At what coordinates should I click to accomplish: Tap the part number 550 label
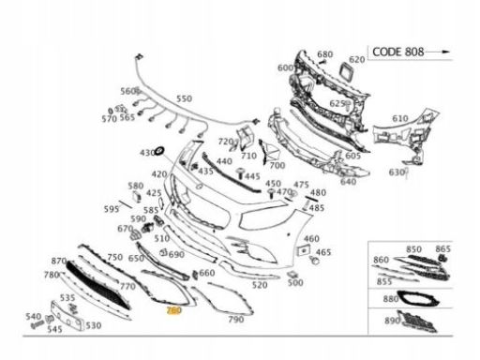coord(184,97)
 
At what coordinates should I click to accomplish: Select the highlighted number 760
coord(172,309)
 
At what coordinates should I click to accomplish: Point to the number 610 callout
coord(399,119)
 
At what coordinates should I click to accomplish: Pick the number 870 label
coord(58,261)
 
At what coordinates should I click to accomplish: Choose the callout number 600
coord(285,67)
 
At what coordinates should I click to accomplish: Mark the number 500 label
coord(295,282)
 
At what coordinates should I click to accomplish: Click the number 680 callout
coord(324,53)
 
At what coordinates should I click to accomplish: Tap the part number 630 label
coord(397,172)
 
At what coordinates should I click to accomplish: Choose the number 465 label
coord(323,253)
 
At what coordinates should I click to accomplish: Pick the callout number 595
coord(112,209)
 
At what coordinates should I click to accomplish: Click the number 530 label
coord(93,325)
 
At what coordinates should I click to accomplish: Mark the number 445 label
coord(252,175)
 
